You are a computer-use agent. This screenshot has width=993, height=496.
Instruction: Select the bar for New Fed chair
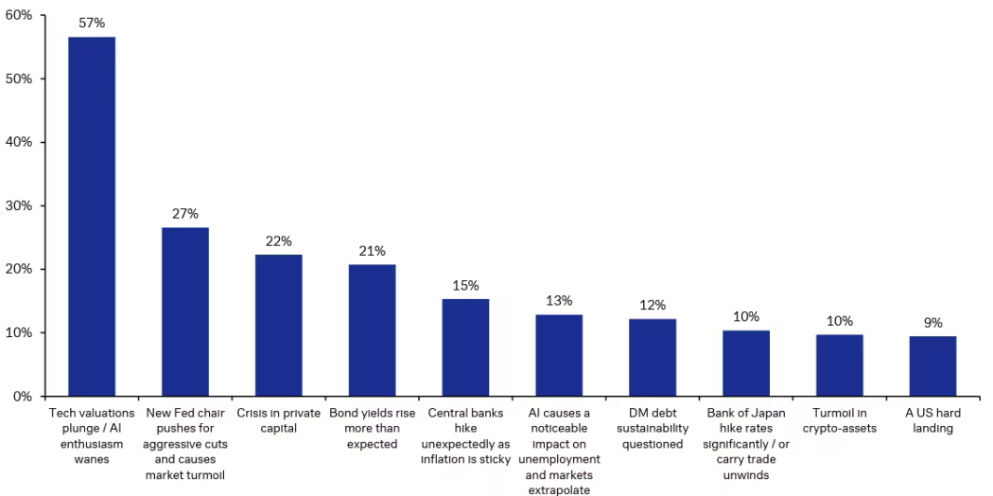(185, 311)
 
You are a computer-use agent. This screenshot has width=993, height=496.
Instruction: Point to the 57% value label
(92, 23)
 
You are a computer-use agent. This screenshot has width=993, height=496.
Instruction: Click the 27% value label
(185, 213)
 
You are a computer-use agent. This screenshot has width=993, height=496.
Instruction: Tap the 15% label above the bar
(466, 285)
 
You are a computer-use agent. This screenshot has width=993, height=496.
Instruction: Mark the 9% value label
(932, 322)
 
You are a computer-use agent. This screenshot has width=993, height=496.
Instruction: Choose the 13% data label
(559, 300)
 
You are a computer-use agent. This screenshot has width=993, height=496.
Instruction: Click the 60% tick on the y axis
(20, 16)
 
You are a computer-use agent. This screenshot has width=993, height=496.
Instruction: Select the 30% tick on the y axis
(20, 205)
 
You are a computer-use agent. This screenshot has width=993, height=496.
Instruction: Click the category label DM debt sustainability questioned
(653, 429)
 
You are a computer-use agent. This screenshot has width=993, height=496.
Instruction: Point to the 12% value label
(653, 305)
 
